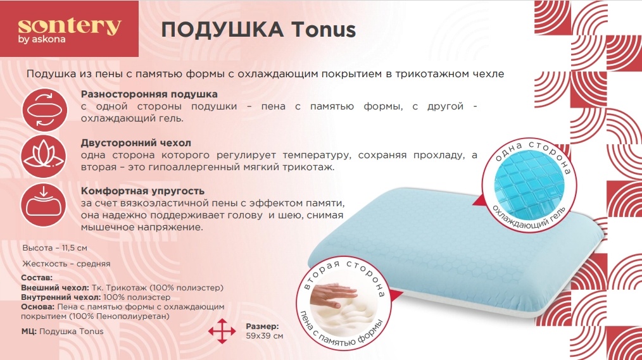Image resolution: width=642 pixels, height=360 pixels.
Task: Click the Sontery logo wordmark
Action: [x=70, y=27]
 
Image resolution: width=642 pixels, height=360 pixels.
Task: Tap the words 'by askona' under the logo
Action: [x=42, y=40]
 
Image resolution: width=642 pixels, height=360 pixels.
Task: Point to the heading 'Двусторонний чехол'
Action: [x=136, y=143]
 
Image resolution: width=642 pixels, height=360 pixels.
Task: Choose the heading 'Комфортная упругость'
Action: [x=143, y=190]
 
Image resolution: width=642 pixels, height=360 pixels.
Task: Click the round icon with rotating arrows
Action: [x=43, y=109]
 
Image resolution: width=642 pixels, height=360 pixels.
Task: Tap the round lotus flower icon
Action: [x=43, y=156]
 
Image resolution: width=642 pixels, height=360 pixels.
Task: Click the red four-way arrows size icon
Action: [x=222, y=331]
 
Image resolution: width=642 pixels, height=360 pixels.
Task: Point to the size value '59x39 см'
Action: [x=264, y=335]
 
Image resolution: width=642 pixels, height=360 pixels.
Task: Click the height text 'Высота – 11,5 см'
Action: [x=55, y=248]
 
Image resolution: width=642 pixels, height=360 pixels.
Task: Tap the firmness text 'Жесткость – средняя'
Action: [x=66, y=263]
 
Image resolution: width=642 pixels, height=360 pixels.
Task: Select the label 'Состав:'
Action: [x=36, y=278]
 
